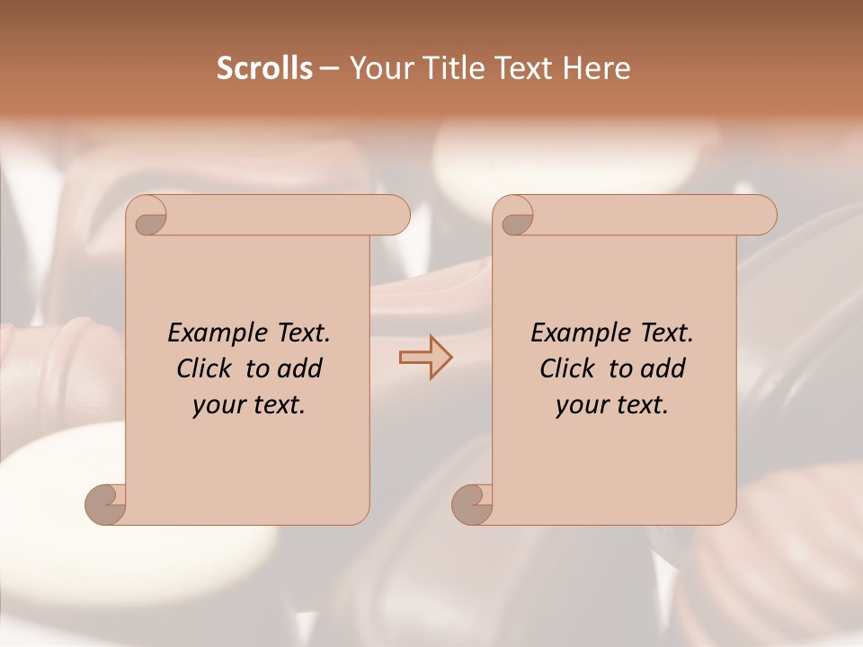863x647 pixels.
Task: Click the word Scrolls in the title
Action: point(264,68)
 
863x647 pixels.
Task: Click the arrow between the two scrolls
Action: point(425,358)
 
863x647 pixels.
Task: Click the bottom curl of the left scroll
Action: point(106,503)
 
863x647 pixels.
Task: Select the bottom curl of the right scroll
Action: point(472,503)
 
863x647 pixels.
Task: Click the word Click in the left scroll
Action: point(205,368)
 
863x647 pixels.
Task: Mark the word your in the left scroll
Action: point(216,405)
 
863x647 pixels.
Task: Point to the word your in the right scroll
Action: point(579,405)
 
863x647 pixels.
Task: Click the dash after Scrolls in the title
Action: point(330,69)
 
